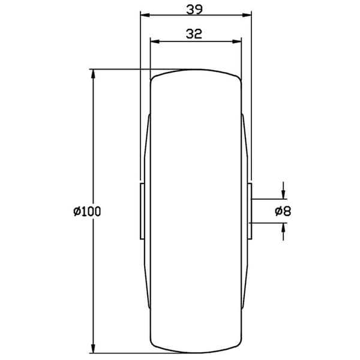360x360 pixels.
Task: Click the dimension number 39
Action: [x=194, y=10]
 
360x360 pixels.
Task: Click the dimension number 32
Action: [x=194, y=34]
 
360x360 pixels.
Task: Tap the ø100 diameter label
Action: [x=87, y=211]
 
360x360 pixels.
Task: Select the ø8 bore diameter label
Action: [x=283, y=211]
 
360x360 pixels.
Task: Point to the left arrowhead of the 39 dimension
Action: [x=145, y=16]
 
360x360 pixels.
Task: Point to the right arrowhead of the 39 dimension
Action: [x=247, y=16]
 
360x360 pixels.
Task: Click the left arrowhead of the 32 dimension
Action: [x=155, y=41]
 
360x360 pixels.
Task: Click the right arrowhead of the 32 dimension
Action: [x=237, y=41]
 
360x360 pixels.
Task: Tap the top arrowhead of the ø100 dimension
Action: [x=93, y=74]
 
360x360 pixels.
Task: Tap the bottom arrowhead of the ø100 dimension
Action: [x=93, y=348]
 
